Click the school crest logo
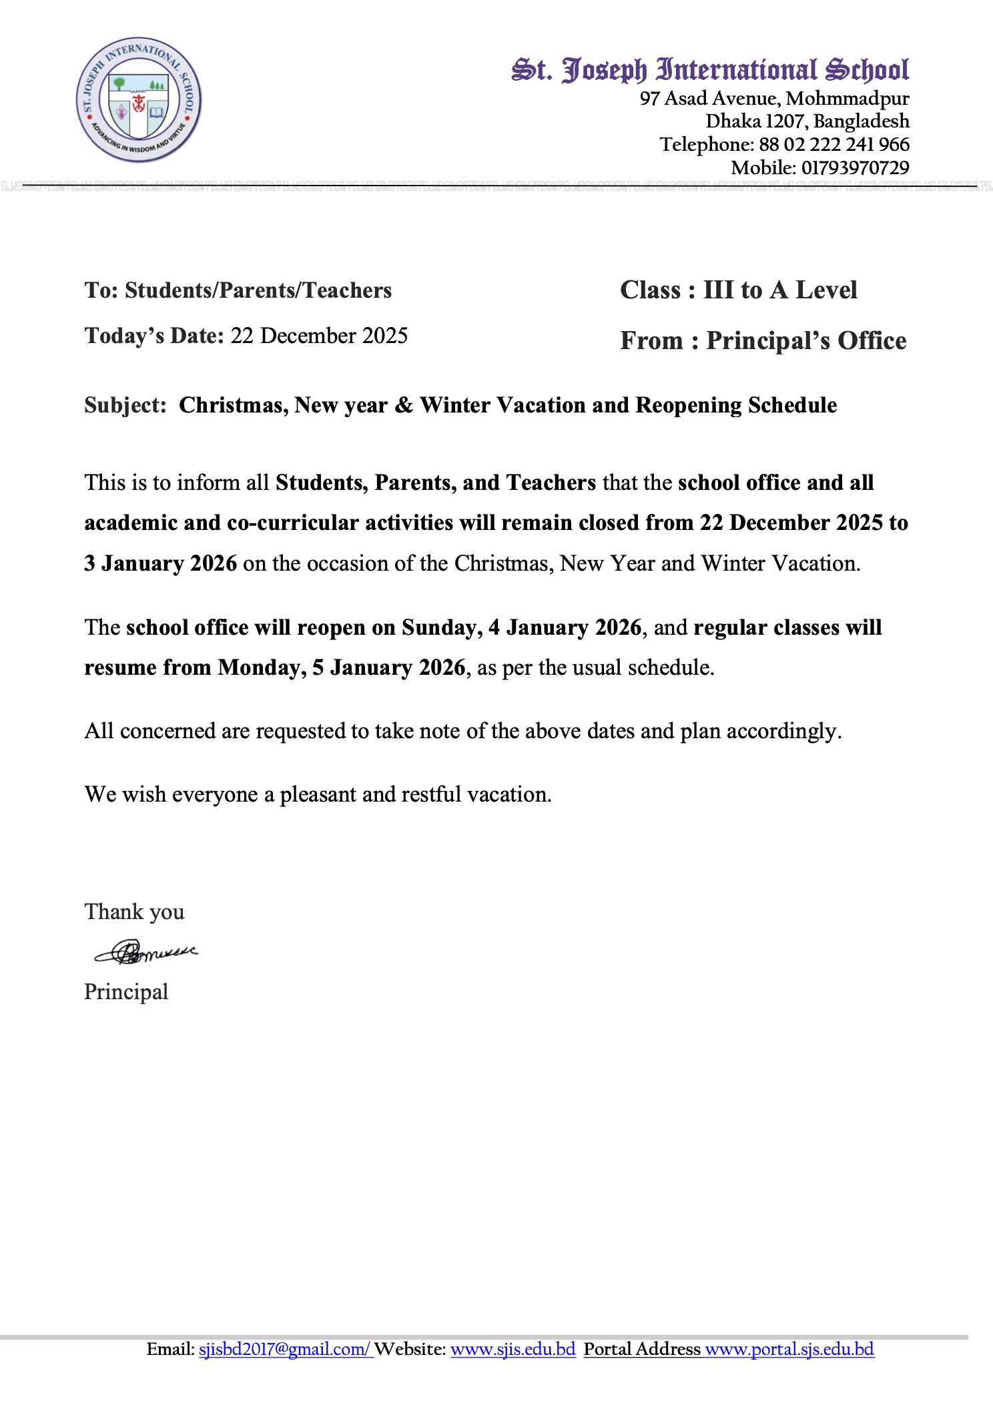click(139, 99)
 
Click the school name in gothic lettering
click(710, 69)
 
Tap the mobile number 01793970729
click(855, 168)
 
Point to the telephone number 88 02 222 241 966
click(834, 144)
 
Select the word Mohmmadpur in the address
click(847, 98)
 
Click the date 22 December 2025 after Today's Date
click(319, 335)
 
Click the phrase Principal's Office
click(806, 340)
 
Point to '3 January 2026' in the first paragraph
click(160, 563)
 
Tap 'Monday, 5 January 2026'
click(341, 667)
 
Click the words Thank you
click(134, 912)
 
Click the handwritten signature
click(145, 952)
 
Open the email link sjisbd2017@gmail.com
click(284, 1349)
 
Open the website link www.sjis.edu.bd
click(513, 1349)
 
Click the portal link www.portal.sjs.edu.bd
click(789, 1349)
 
